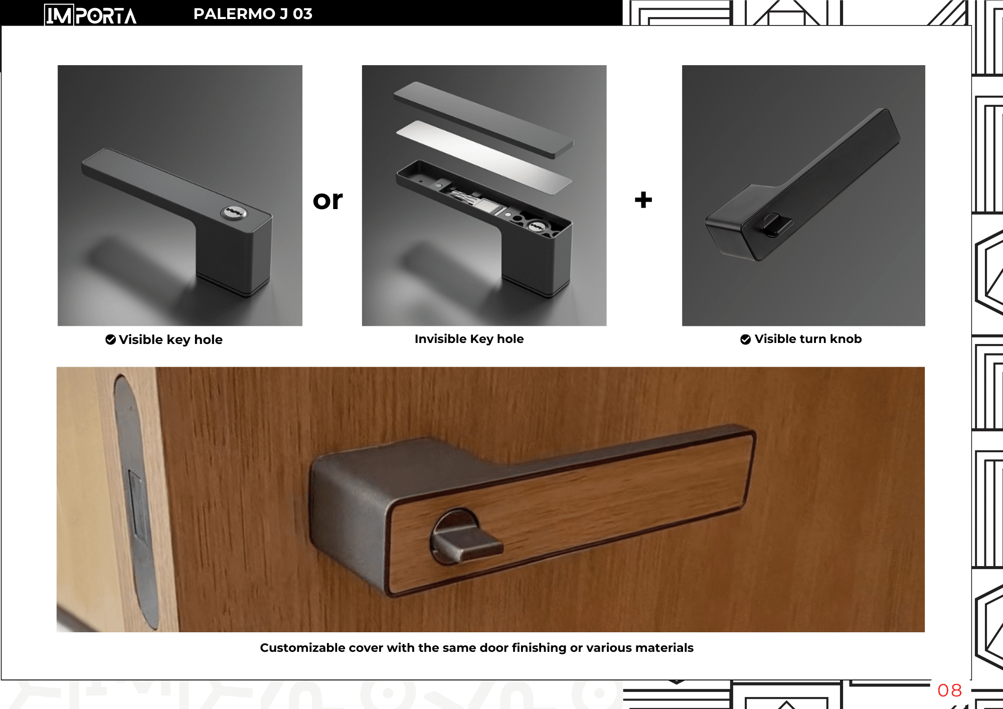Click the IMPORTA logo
(x=90, y=15)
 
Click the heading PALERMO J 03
(x=253, y=14)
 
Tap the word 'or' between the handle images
(x=327, y=200)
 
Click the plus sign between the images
(x=643, y=200)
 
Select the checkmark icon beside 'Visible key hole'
(x=111, y=339)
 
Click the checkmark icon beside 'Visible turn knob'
(x=746, y=339)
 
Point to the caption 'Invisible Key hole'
(x=469, y=339)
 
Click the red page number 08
(x=950, y=690)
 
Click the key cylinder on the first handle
(x=234, y=213)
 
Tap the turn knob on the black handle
(x=775, y=225)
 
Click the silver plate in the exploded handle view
(x=484, y=157)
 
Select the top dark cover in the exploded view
(x=484, y=120)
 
